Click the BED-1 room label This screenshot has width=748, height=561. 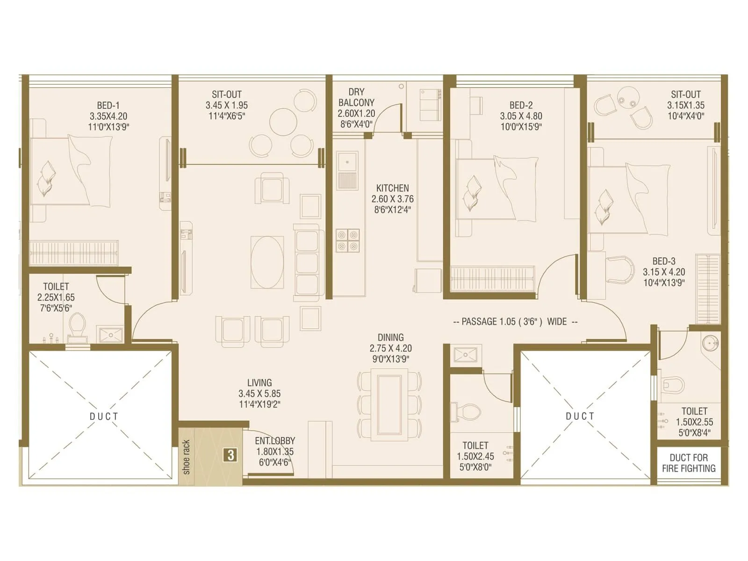pyautogui.click(x=108, y=106)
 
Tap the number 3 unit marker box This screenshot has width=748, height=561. pyautogui.click(x=230, y=455)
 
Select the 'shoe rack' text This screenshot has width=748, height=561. pyautogui.click(x=187, y=457)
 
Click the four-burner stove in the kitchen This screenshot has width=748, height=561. pyautogui.click(x=347, y=241)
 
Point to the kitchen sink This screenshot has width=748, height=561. pyautogui.click(x=347, y=164)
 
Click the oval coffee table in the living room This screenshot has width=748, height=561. pyautogui.click(x=267, y=262)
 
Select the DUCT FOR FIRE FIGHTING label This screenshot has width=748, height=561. pyautogui.click(x=689, y=463)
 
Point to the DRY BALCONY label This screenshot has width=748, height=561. pyautogui.click(x=356, y=97)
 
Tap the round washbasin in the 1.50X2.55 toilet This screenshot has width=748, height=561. pyautogui.click(x=710, y=344)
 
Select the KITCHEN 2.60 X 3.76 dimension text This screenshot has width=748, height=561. pyautogui.click(x=392, y=199)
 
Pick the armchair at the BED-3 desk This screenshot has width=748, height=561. pyautogui.click(x=620, y=269)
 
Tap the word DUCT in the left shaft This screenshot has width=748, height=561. pyautogui.click(x=104, y=416)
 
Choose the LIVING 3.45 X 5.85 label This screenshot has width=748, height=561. pyautogui.click(x=259, y=394)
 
